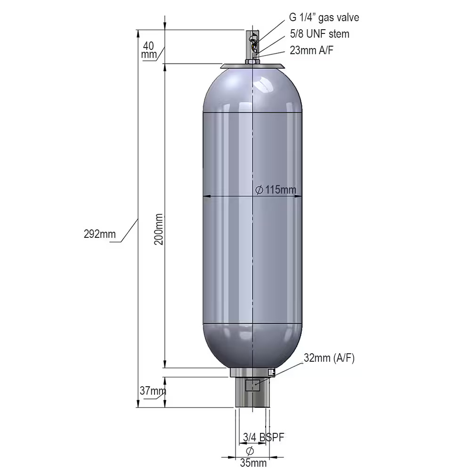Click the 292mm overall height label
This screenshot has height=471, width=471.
100,234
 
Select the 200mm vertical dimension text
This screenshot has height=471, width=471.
159,229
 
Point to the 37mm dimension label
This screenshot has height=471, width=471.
153,391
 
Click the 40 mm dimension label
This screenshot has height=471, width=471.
149,50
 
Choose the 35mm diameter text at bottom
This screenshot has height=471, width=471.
253,463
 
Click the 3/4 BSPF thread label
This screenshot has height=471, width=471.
263,437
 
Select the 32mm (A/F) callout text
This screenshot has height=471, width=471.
329,358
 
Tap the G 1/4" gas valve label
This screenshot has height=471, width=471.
324,17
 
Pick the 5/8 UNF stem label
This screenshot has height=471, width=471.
320,33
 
